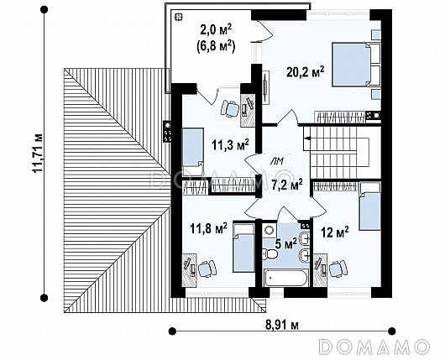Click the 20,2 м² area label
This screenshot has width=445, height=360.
pyautogui.click(x=305, y=72)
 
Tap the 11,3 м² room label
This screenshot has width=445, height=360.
pyautogui.click(x=230, y=144)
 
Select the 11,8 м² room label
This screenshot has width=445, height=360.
pyautogui.click(x=208, y=228)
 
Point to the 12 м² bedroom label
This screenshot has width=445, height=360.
pyautogui.click(x=335, y=232)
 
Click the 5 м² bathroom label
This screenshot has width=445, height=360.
pyautogui.click(x=285, y=243)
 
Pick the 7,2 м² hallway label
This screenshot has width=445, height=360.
pyautogui.click(x=287, y=185)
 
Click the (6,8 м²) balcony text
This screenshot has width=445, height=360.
pyautogui.click(x=216, y=46)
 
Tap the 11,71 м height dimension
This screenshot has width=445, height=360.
pyautogui.click(x=38, y=154)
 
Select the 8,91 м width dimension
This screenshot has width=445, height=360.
pyautogui.click(x=282, y=325)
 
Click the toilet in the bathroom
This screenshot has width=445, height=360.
pyautogui.click(x=270, y=254)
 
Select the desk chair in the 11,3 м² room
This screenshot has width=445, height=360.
pyautogui.click(x=230, y=108)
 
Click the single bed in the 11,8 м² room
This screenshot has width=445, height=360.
pyautogui.click(x=243, y=248)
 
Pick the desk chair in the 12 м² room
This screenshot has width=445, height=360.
pyautogui.click(x=338, y=268)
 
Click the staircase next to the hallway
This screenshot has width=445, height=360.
pyautogui.click(x=342, y=152)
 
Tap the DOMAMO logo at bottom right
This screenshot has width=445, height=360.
pyautogui.click(x=374, y=347)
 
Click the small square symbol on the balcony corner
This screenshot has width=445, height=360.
pyautogui.click(x=178, y=17)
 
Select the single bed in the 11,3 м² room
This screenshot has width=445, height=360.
pyautogui.click(x=193, y=148)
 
